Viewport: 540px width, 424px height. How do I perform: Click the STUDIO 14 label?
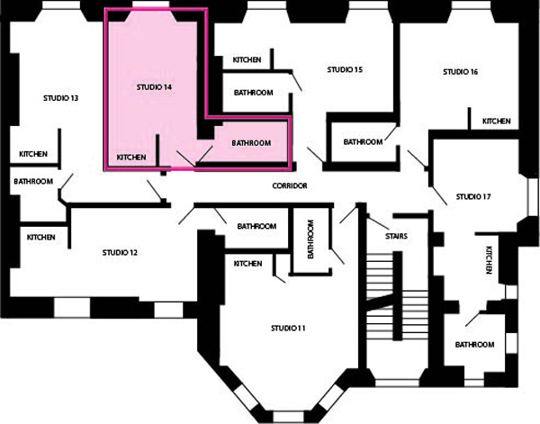[154, 87]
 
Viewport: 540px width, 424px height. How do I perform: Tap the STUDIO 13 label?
[60, 98]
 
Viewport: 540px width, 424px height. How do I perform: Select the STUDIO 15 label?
[345, 69]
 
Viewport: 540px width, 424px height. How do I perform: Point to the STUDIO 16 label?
[461, 72]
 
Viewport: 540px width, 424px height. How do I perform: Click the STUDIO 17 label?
[473, 196]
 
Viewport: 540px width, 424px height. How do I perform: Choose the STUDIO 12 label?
[120, 253]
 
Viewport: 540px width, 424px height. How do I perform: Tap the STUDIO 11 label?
[288, 329]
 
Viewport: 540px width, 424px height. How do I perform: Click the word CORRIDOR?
[290, 186]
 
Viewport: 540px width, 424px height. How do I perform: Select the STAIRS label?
[396, 236]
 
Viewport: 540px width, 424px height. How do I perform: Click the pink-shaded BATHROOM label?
[251, 143]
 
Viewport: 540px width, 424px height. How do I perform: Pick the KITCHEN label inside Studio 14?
[131, 158]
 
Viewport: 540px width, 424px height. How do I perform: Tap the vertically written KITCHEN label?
[489, 260]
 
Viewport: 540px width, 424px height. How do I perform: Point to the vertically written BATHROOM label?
[310, 239]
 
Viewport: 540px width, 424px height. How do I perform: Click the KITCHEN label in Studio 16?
[496, 122]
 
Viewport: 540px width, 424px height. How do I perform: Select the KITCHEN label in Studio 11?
[248, 264]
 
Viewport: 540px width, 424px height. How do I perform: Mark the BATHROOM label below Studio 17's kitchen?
[475, 345]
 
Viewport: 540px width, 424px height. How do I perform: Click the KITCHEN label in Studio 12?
[41, 238]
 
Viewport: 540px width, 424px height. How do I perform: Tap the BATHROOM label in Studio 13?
[33, 181]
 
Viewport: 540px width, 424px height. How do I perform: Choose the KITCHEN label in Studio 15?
[247, 60]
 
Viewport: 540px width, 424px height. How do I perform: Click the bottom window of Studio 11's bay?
[288, 417]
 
